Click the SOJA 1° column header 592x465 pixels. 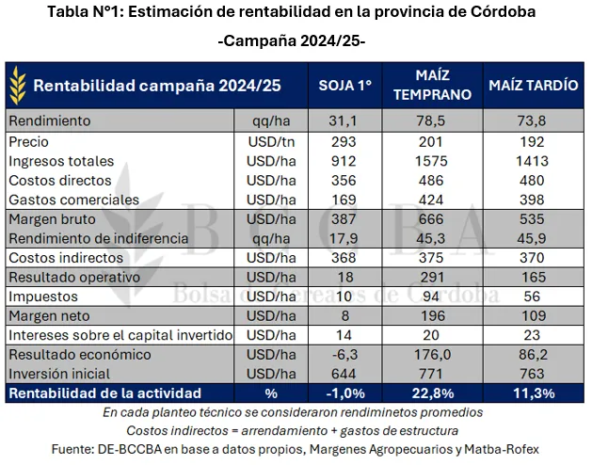(346, 85)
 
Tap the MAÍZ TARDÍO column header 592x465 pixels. (533, 85)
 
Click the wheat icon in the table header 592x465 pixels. (18, 85)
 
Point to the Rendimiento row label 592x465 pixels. (49, 120)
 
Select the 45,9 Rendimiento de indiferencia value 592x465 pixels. (533, 238)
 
